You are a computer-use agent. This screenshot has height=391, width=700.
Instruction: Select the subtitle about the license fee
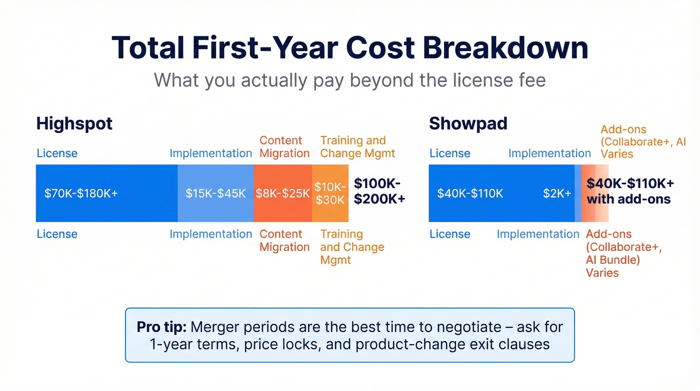pyautogui.click(x=349, y=80)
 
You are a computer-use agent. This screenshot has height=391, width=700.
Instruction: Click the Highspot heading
pyautogui.click(x=74, y=124)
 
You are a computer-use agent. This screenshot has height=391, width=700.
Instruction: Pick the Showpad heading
pyautogui.click(x=468, y=124)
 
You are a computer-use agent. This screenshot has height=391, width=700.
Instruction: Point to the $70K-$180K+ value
pyautogui.click(x=81, y=193)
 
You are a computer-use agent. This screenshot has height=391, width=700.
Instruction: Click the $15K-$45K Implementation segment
pyautogui.click(x=215, y=193)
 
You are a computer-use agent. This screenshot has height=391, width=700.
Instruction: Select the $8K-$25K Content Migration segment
pyautogui.click(x=283, y=193)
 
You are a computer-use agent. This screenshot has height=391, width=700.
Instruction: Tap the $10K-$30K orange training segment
pyautogui.click(x=330, y=193)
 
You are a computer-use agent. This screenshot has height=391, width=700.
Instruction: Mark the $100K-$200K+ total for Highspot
pyautogui.click(x=379, y=191)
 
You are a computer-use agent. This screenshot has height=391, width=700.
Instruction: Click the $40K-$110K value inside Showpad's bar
pyautogui.click(x=470, y=193)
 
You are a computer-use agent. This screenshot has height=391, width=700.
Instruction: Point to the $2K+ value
pyautogui.click(x=557, y=193)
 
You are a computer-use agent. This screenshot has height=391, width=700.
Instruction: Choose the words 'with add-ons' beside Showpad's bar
pyautogui.click(x=628, y=199)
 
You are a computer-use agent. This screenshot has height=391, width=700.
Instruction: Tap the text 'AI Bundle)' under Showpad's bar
pyautogui.click(x=612, y=260)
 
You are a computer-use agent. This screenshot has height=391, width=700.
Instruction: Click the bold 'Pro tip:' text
pyautogui.click(x=161, y=327)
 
